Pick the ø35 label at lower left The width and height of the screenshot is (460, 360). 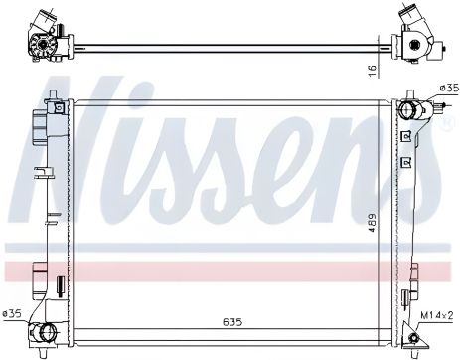[12, 314]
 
